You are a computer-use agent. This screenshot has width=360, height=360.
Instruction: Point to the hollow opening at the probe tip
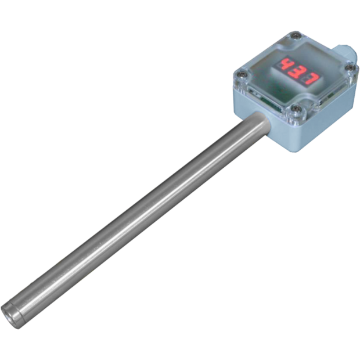8,316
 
